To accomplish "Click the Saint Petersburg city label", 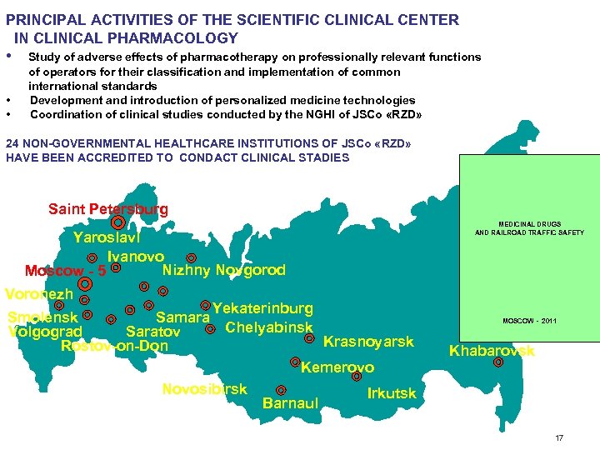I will [107, 209].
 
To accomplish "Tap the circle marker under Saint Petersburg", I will [118, 223].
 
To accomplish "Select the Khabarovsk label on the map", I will [492, 351].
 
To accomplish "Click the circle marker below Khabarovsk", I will [498, 362].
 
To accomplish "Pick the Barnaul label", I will [290, 404].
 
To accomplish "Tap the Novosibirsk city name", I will [204, 389].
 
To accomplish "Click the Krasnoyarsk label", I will [367, 342].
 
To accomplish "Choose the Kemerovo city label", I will [337, 367].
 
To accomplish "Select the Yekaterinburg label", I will [262, 309].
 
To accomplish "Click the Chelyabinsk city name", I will [268, 327].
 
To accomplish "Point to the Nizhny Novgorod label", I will [223, 270].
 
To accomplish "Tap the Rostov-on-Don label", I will [114, 346].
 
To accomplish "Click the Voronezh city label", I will [39, 294].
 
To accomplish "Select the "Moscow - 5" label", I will [65, 271].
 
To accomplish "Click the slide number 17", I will [559, 437].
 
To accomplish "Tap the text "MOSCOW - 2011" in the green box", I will [529, 321].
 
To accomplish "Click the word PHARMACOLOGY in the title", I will [187, 37].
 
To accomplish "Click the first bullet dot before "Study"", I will [8, 56].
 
